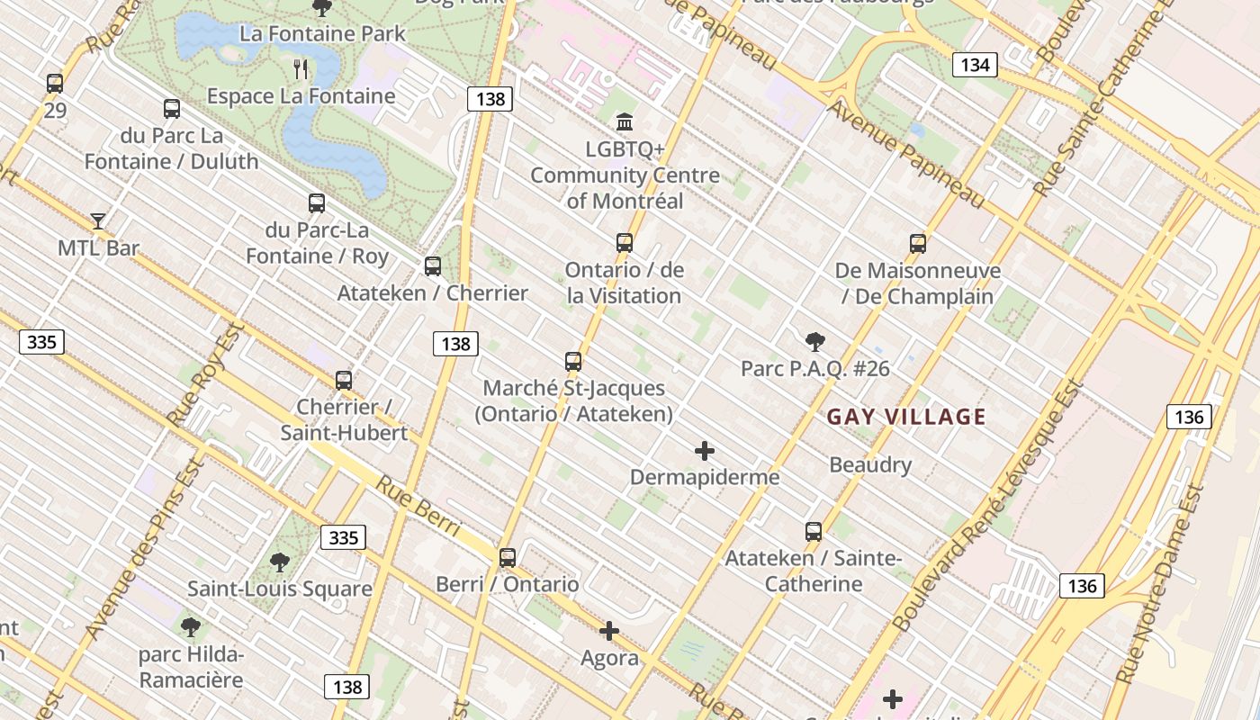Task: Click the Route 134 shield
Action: point(975,65)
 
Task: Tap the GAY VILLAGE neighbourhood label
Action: point(906,417)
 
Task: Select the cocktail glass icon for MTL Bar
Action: point(98,220)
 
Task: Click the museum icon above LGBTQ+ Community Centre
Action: point(624,121)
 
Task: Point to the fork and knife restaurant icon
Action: point(301,68)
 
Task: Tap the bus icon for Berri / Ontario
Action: point(508,557)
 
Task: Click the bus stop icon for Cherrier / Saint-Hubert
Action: point(343,381)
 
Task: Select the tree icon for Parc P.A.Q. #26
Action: point(815,341)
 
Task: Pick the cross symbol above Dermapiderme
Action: point(705,450)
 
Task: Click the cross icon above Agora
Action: point(609,631)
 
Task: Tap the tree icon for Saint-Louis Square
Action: point(280,562)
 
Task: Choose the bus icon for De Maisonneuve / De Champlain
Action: point(918,244)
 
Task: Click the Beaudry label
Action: point(870,465)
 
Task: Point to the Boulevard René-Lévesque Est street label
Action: point(987,506)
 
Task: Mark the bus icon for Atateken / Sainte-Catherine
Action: point(814,532)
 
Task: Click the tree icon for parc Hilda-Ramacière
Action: point(190,626)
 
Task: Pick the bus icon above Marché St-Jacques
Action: point(573,362)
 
